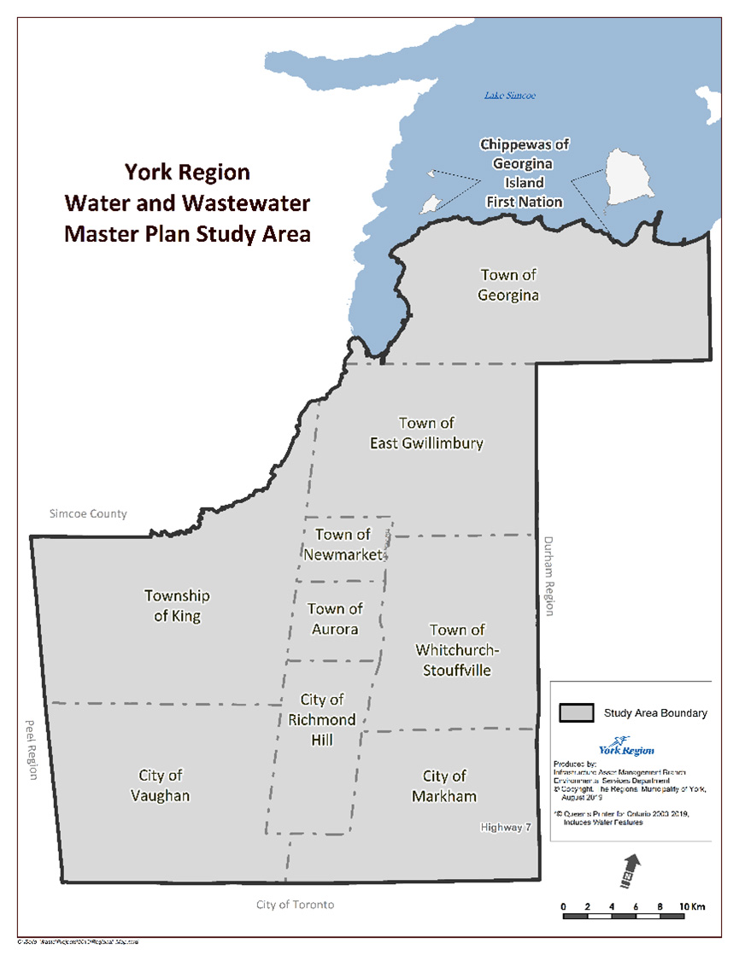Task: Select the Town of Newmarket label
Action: tap(343, 544)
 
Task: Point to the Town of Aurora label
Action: tap(334, 618)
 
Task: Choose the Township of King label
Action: tap(177, 606)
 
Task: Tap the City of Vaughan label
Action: tap(161, 785)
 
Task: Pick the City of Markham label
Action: tap(444, 786)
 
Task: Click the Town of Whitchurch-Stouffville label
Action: tap(457, 650)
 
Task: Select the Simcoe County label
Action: tap(88, 513)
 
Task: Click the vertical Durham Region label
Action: tap(549, 576)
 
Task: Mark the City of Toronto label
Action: tap(295, 904)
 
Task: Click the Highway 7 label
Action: tap(507, 827)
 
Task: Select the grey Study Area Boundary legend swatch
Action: tap(577, 712)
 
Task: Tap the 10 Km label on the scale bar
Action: tap(691, 905)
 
